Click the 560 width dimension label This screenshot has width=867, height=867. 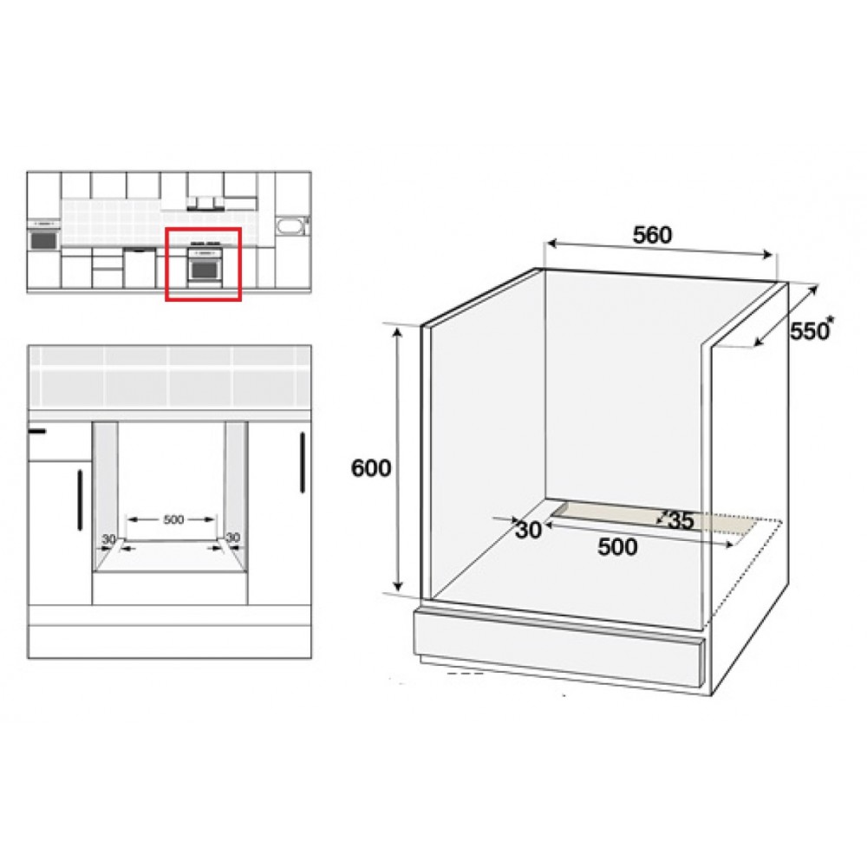[652, 235]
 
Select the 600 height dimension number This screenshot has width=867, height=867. [371, 468]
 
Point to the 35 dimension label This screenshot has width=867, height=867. [681, 520]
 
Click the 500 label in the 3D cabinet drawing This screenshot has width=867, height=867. [617, 547]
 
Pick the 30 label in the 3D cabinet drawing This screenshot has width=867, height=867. [528, 530]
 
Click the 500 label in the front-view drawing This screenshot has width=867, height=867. [173, 519]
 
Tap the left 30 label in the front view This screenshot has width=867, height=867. [108, 538]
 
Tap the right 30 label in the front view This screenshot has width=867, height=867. [233, 538]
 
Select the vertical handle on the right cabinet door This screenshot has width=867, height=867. [303, 462]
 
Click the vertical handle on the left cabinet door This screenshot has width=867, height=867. [80, 499]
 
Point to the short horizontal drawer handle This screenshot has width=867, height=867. [36, 430]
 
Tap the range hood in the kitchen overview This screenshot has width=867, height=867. [205, 205]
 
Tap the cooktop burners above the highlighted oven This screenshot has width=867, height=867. [205, 244]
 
